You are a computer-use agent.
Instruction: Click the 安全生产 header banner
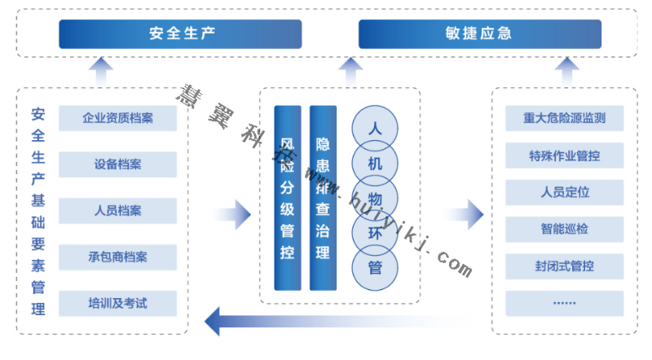[180, 34]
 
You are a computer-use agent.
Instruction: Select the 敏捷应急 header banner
[480, 34]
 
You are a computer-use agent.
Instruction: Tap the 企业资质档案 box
[118, 117]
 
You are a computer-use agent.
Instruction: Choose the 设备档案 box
[118, 164]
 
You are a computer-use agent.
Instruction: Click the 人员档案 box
[118, 210]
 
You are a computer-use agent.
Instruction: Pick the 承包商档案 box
[118, 257]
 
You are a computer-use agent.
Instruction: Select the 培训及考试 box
[118, 304]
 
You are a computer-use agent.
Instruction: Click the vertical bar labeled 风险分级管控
[288, 197]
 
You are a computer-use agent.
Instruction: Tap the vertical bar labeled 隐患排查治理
[323, 197]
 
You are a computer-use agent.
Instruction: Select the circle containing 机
[375, 164]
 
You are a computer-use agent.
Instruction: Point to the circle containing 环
[375, 232]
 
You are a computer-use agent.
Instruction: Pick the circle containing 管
[375, 266]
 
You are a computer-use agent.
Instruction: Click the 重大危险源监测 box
[565, 118]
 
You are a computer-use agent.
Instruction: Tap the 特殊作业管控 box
[565, 156]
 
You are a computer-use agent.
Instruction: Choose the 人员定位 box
[565, 192]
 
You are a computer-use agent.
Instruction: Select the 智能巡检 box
[565, 229]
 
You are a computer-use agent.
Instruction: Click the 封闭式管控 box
[565, 266]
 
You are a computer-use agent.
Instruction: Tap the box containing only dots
[565, 303]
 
